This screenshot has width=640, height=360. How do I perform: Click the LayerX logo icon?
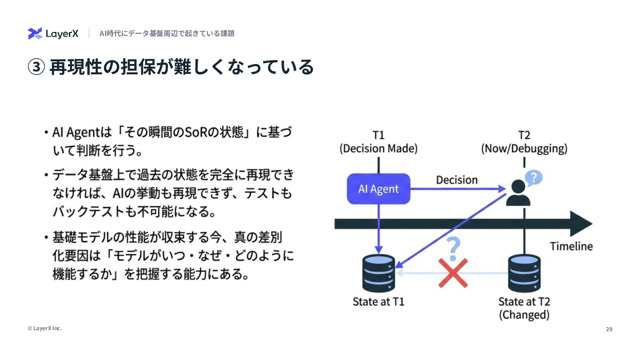pyautogui.click(x=35, y=33)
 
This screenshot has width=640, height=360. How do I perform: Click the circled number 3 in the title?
pyautogui.click(x=36, y=67)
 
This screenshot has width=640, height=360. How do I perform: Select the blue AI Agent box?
pyautogui.click(x=378, y=189)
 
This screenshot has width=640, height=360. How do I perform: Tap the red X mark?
pyautogui.click(x=453, y=273)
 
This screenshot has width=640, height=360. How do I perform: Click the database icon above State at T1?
pyautogui.click(x=378, y=272)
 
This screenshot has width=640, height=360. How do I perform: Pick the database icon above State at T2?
pyautogui.click(x=524, y=272)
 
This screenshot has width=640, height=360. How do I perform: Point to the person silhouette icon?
pyautogui.click(x=518, y=193)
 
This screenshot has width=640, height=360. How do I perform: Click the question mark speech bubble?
pyautogui.click(x=534, y=178)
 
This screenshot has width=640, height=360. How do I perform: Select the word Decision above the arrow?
pyautogui.click(x=456, y=180)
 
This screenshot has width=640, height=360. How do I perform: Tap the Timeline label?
pyautogui.click(x=571, y=246)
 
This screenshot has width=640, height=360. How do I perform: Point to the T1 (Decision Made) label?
pyautogui.click(x=378, y=142)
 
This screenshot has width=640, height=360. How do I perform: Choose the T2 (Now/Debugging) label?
pyautogui.click(x=524, y=142)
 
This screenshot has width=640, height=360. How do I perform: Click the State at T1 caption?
pyautogui.click(x=378, y=302)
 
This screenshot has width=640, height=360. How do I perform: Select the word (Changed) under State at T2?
pyautogui.click(x=524, y=315)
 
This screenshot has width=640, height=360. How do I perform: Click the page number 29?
pyautogui.click(x=609, y=329)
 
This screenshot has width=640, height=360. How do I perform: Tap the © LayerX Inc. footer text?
pyautogui.click(x=44, y=328)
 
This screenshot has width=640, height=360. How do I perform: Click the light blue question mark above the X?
pyautogui.click(x=453, y=248)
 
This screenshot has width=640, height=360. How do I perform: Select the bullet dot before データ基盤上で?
pyautogui.click(x=46, y=175)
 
